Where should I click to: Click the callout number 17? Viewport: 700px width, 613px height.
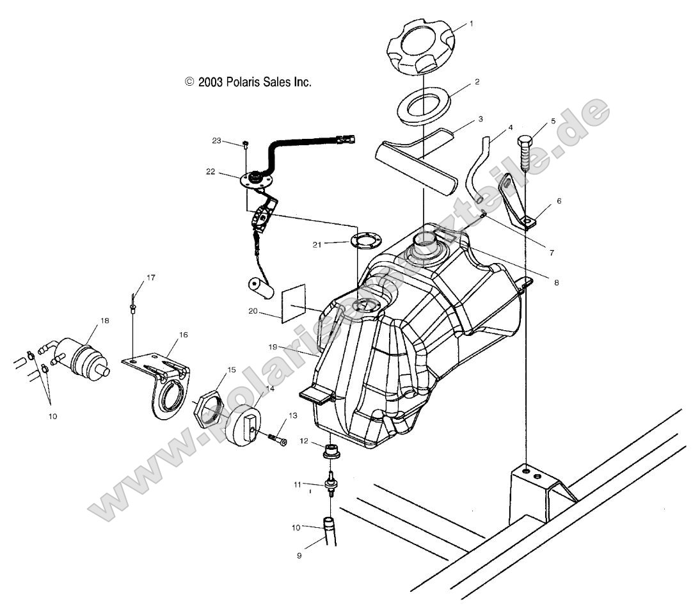[x=151, y=278]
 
